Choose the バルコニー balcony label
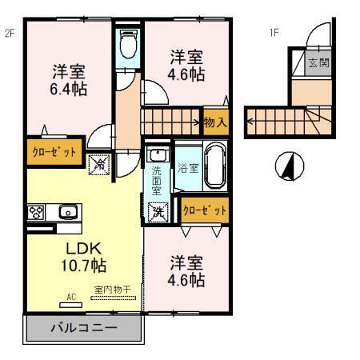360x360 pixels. click(85, 328)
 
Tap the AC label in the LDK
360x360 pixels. click(70, 298)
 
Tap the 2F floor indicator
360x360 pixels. click(10, 33)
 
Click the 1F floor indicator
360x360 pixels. click(274, 33)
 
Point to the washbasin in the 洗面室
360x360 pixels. click(157, 154)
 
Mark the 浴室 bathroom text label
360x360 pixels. click(189, 168)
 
